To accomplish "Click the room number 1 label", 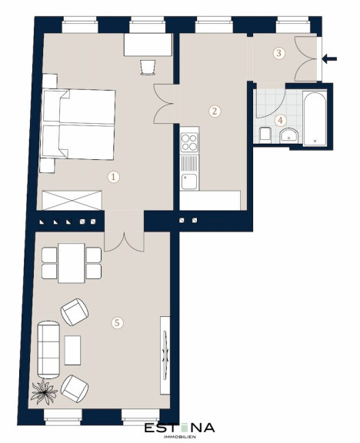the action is [114, 177].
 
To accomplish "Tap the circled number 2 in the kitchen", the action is [215, 111].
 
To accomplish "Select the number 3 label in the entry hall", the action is [278, 53].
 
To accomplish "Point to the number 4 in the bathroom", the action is [280, 120].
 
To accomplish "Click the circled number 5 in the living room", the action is [118, 323].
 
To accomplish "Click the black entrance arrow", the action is [329, 59].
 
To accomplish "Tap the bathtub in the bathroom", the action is [315, 118].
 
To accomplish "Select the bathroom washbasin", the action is [288, 135].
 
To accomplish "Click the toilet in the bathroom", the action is [265, 134].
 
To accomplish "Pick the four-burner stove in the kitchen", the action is [189, 143].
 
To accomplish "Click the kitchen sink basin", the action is [189, 182].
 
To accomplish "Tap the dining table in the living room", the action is [72, 263].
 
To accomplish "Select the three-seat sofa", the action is [48, 349].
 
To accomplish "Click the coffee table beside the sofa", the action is [72, 351].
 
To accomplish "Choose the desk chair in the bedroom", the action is [148, 67].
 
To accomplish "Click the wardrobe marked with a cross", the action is [72, 200].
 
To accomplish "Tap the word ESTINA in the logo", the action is [180, 428].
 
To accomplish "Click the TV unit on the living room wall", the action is [165, 355].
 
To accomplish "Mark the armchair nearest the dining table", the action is [75, 312].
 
